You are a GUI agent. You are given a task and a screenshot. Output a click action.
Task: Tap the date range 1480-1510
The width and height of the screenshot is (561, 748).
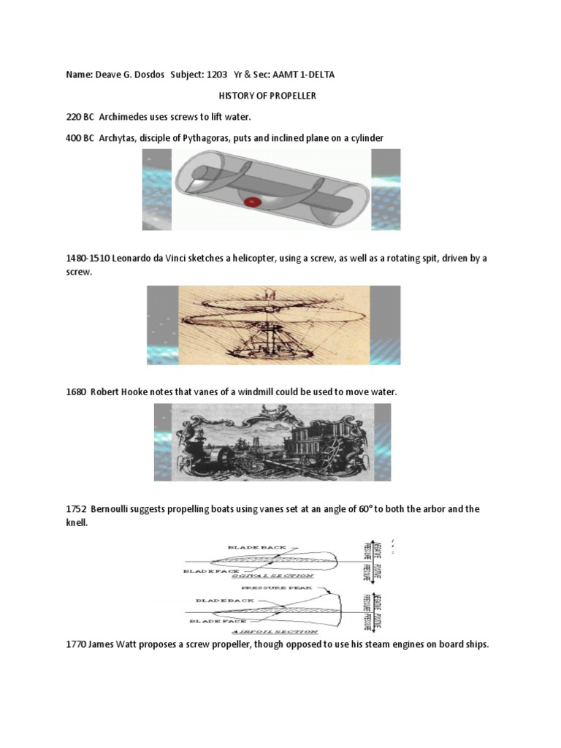coord(86,259)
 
